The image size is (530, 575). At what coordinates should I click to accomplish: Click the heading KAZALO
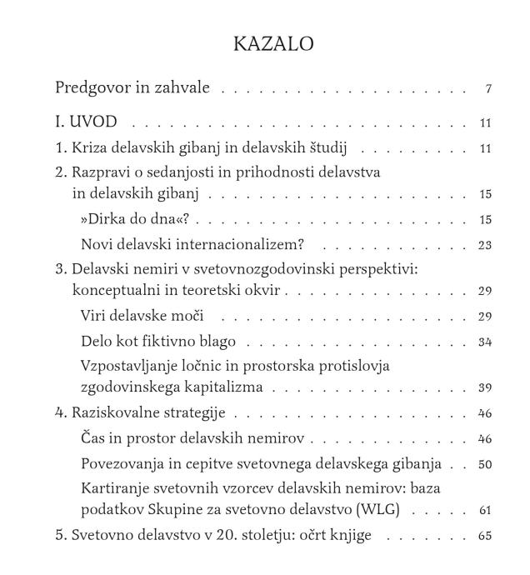pos(273,44)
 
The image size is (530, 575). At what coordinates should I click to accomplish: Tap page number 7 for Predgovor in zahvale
pos(487,89)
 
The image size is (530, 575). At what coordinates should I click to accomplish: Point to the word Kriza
pos(86,148)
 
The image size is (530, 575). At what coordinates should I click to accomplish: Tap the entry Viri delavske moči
pos(142,316)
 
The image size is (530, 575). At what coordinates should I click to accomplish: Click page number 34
pos(486,342)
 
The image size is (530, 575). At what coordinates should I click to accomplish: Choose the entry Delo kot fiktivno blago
pos(158,341)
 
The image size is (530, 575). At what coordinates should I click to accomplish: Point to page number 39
pos(486,387)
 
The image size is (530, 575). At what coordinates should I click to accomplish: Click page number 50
pos(486,463)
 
